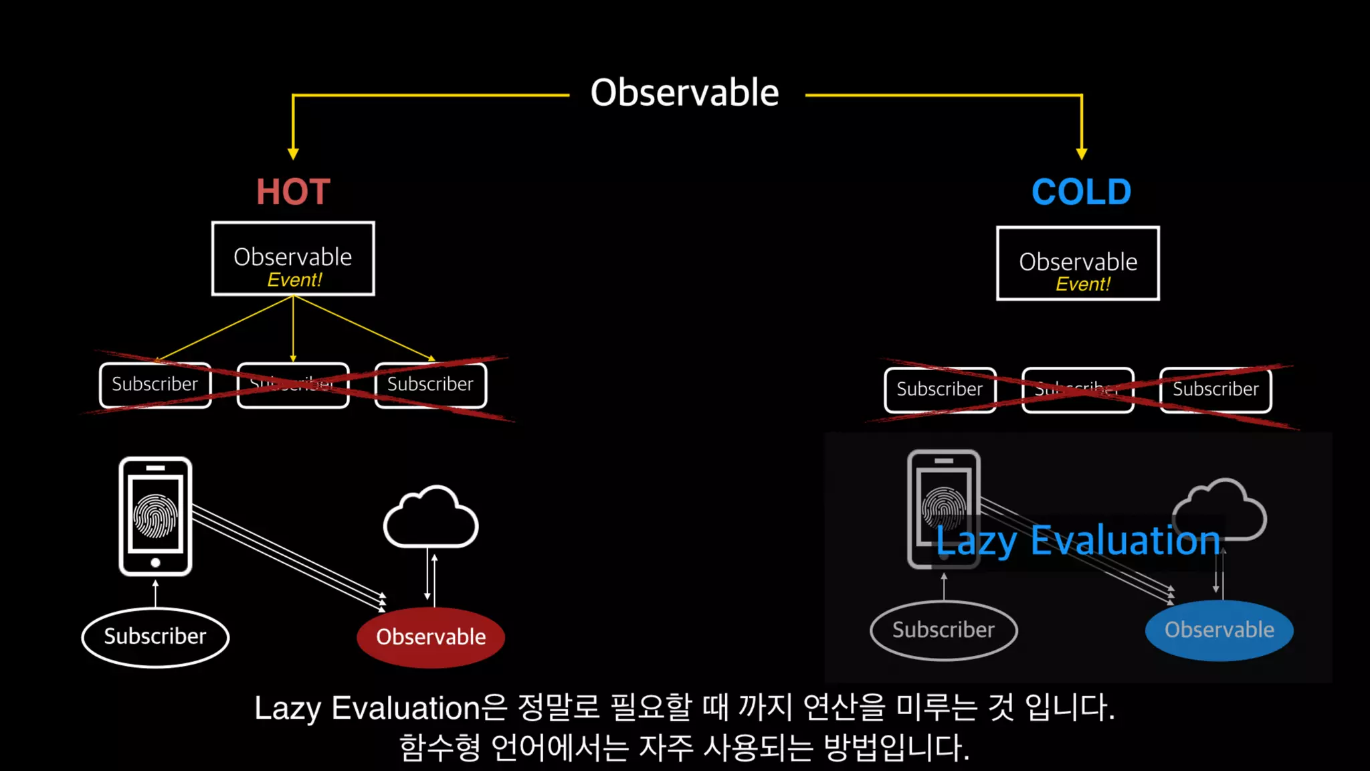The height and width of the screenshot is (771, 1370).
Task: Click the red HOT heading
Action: pyautogui.click(x=293, y=192)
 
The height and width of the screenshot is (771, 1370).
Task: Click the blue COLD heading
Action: pyautogui.click(x=1081, y=192)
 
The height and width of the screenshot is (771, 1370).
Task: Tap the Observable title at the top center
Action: pyautogui.click(x=684, y=92)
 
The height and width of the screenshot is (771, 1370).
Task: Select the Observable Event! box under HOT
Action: pyautogui.click(x=293, y=258)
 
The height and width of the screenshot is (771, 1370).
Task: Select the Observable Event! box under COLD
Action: pyautogui.click(x=1078, y=263)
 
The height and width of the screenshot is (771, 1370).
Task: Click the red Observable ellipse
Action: pyautogui.click(x=431, y=636)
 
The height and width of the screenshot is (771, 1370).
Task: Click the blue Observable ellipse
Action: pyautogui.click(x=1219, y=630)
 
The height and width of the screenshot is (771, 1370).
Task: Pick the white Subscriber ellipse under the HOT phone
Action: pyautogui.click(x=155, y=636)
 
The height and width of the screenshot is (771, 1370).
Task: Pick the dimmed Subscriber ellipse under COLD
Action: pyautogui.click(x=943, y=630)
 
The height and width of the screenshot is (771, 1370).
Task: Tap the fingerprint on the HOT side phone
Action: pyautogui.click(x=155, y=516)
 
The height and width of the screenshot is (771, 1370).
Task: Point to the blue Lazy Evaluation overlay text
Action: pyautogui.click(x=1078, y=541)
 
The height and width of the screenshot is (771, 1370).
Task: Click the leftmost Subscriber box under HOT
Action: pyautogui.click(x=155, y=385)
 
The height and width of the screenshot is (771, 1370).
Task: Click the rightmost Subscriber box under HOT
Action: pyautogui.click(x=430, y=385)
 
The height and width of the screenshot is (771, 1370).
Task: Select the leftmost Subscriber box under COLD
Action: pyautogui.click(x=940, y=390)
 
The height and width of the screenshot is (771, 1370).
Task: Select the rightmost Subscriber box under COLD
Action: pyautogui.click(x=1215, y=390)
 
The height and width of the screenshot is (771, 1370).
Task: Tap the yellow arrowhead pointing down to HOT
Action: pyautogui.click(x=293, y=154)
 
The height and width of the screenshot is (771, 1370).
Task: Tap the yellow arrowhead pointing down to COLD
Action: pyautogui.click(x=1081, y=154)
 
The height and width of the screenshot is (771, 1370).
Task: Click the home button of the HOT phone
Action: pyautogui.click(x=155, y=563)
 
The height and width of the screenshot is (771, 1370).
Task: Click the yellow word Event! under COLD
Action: pyautogui.click(x=1082, y=284)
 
